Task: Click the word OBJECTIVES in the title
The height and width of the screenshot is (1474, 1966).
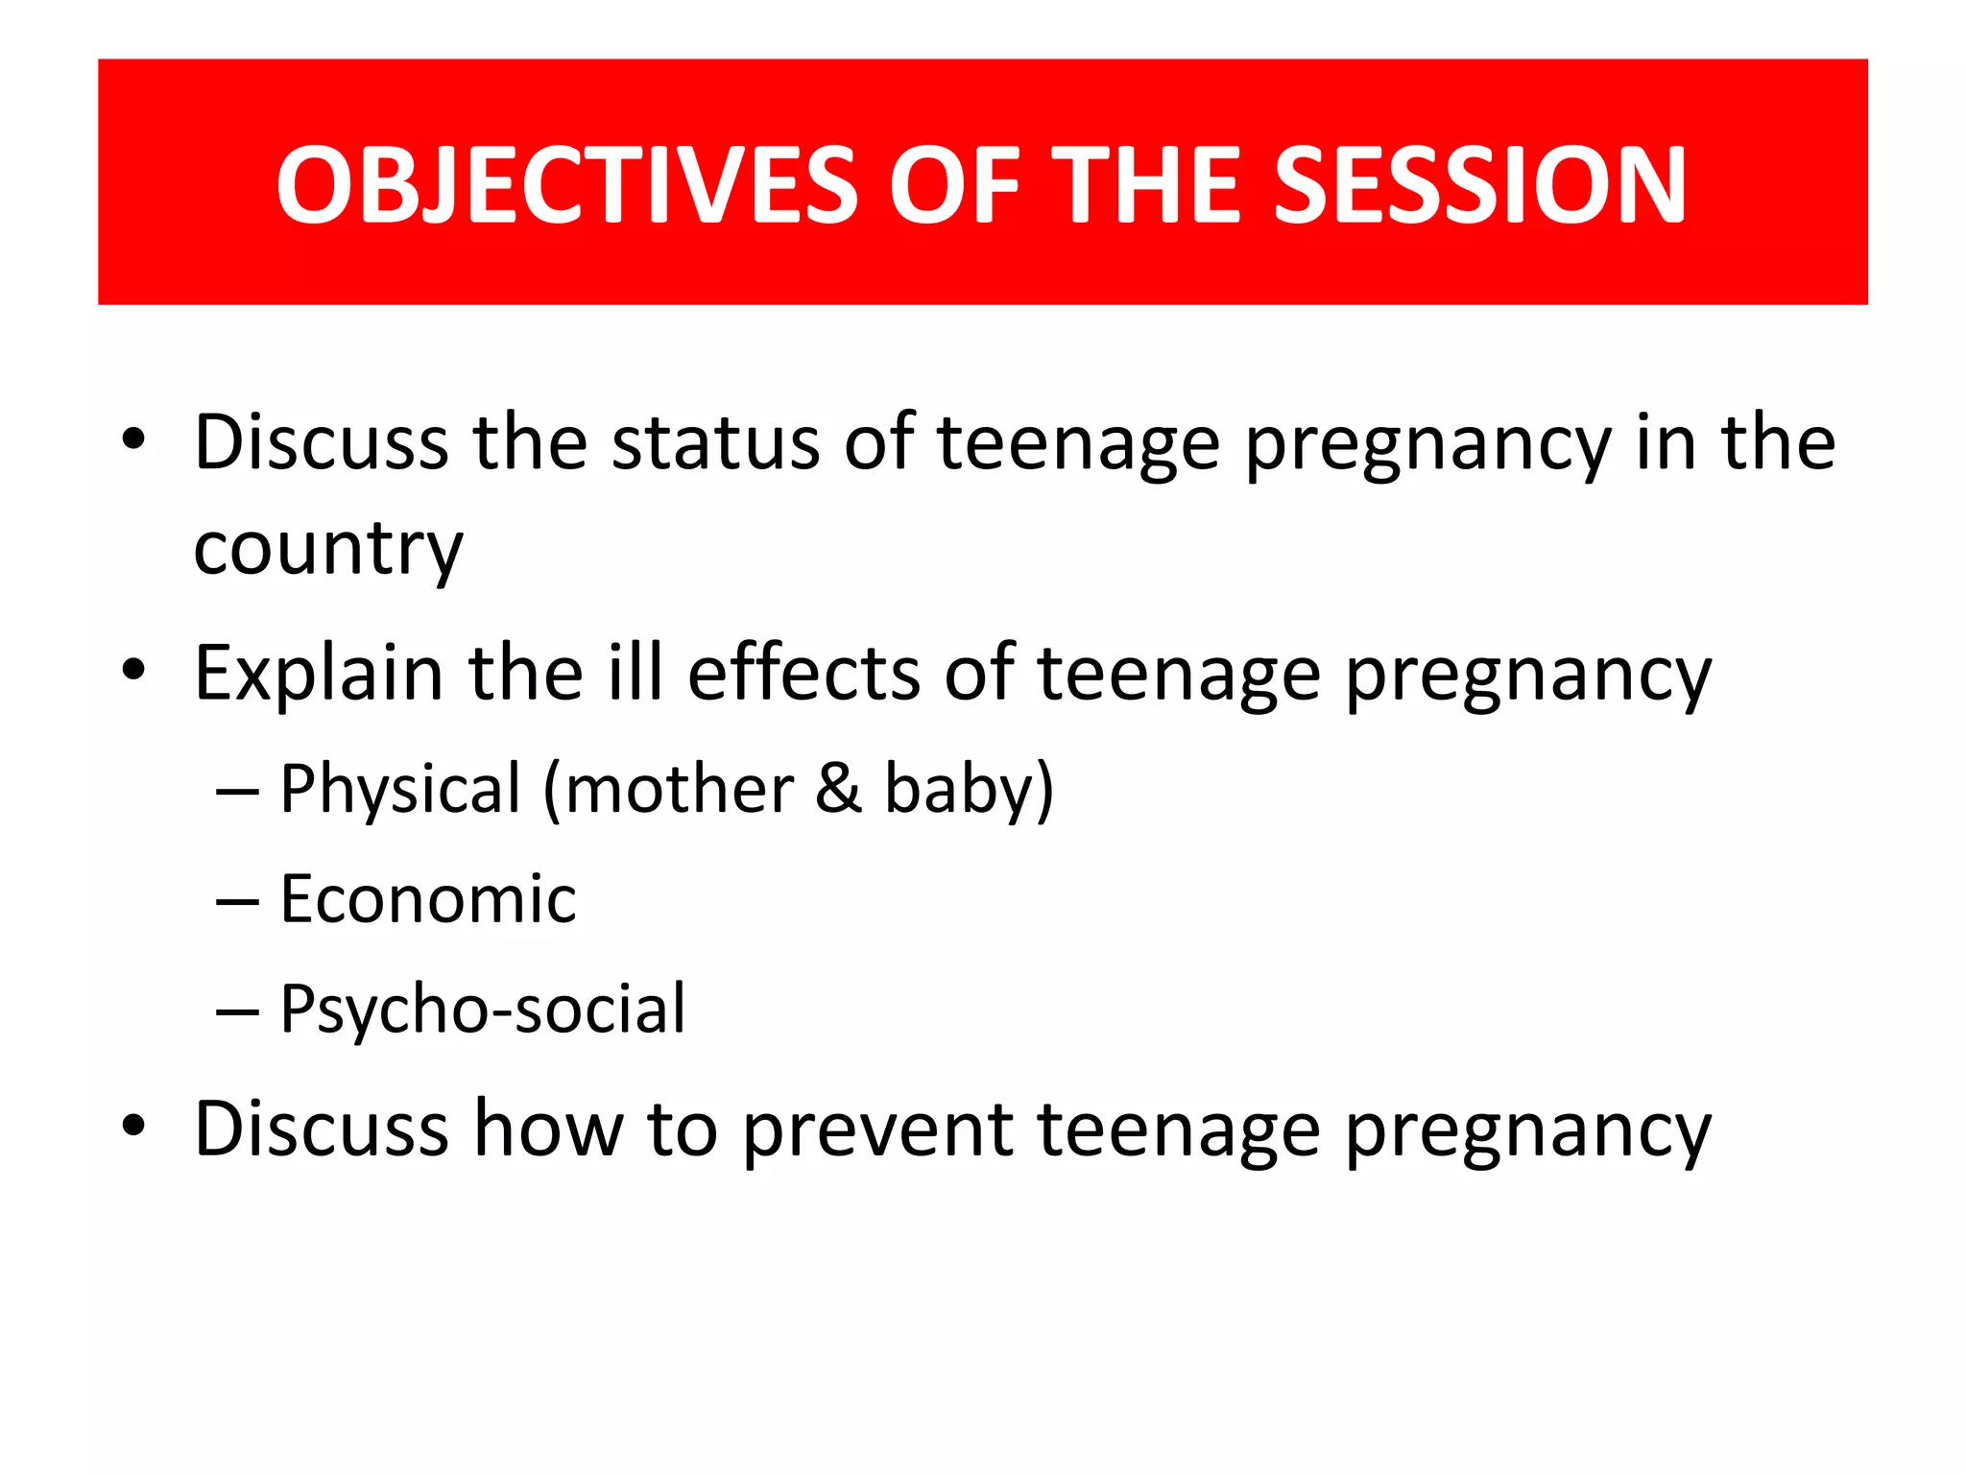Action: (566, 185)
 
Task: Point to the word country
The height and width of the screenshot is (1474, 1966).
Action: (328, 550)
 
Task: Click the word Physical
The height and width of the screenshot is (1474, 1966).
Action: (400, 789)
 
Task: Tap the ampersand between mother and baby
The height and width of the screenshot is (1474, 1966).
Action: (838, 789)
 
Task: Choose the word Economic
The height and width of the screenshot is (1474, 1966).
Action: (428, 900)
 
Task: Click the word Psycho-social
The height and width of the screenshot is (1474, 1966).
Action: (483, 1010)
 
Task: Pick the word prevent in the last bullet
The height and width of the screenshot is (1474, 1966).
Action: (877, 1129)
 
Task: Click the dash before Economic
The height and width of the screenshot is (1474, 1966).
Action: (237, 903)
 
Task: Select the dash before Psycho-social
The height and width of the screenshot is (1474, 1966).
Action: (237, 1012)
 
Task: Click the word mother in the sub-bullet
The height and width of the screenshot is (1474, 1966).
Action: (679, 789)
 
